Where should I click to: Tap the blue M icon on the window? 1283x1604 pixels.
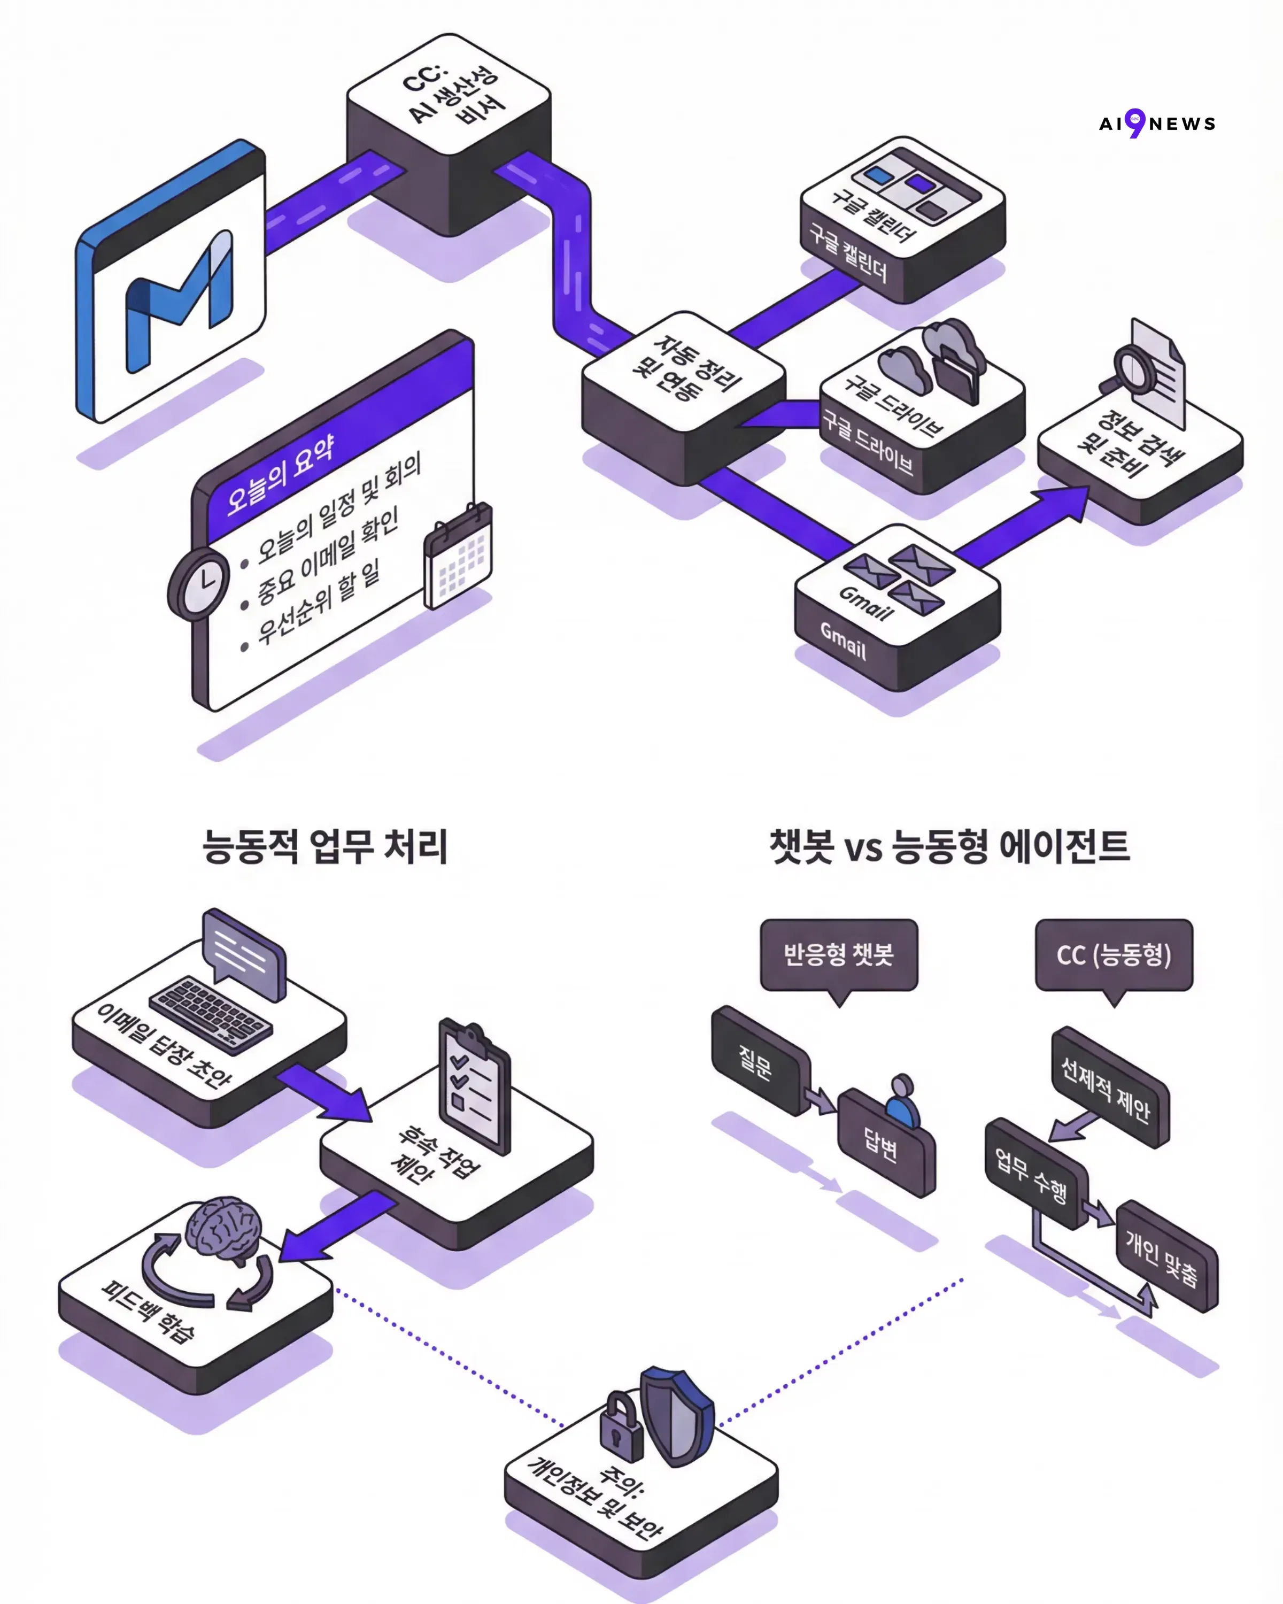click(x=179, y=302)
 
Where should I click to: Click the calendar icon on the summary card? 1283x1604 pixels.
click(x=458, y=557)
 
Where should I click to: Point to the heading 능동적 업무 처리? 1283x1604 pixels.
click(x=325, y=846)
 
